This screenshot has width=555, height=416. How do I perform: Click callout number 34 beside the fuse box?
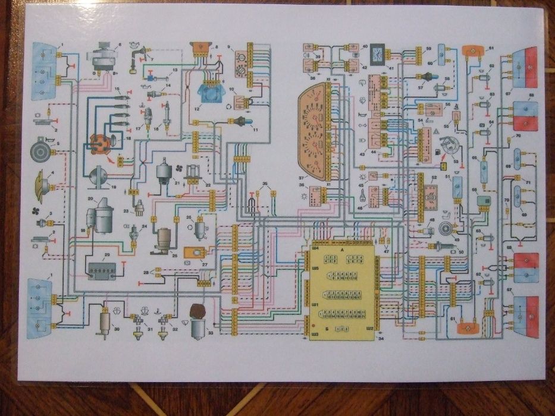point(380,339)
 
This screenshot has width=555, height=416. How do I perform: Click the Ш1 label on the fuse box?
point(316,304)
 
